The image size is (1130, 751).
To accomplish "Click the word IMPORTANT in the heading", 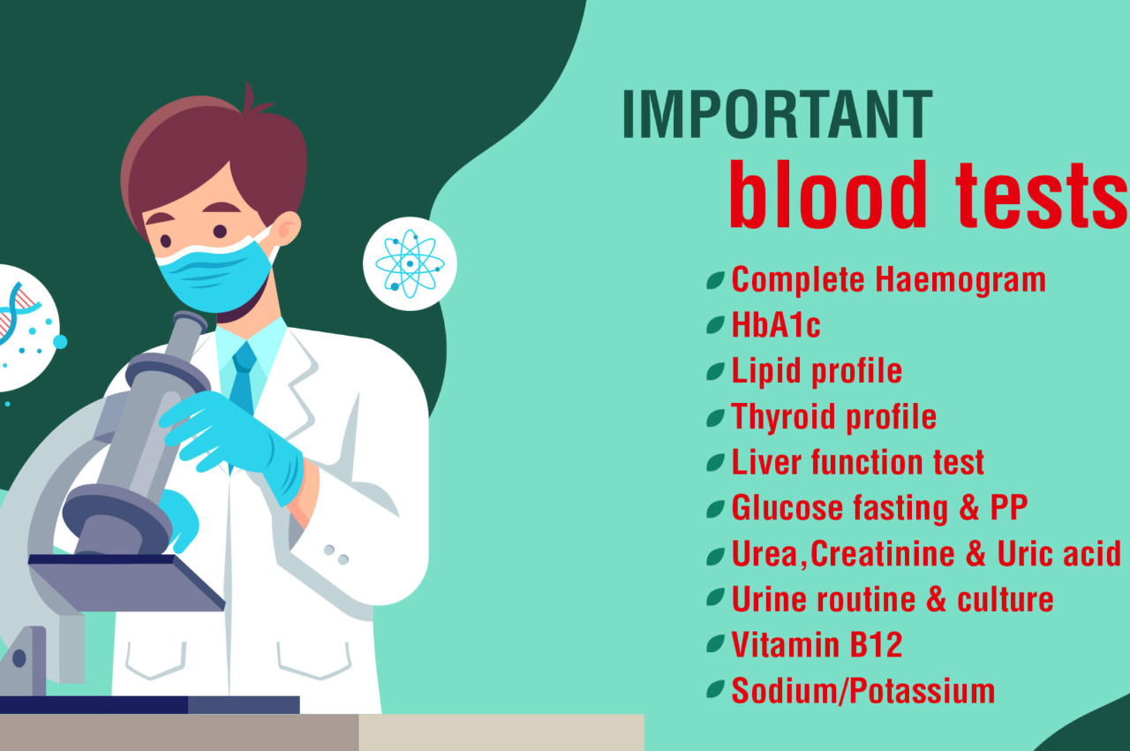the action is (x=778, y=114).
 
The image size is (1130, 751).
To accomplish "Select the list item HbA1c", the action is (x=776, y=324).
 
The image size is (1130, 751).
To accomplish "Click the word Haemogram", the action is (x=960, y=281).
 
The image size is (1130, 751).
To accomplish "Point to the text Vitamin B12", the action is (x=817, y=644).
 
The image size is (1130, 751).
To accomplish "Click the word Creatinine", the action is (x=883, y=553).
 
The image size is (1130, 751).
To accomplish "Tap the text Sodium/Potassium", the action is (x=863, y=690).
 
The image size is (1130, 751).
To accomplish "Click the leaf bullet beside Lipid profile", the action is (x=715, y=371).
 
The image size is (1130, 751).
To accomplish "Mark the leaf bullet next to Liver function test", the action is (x=715, y=463).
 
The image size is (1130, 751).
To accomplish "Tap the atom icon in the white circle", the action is (x=411, y=263).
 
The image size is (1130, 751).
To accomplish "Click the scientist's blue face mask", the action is (x=215, y=275).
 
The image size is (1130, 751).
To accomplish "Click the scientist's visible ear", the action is (x=287, y=228).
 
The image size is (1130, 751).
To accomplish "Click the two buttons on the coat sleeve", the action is (x=336, y=555).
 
